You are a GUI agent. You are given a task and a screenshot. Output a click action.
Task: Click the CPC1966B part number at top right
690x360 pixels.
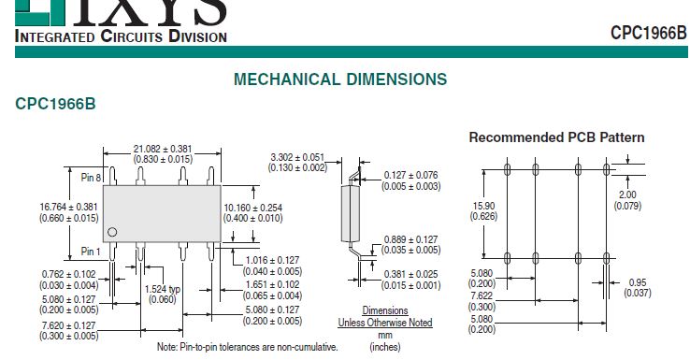tap(648, 33)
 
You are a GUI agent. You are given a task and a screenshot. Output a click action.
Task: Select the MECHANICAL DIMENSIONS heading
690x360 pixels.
tap(340, 79)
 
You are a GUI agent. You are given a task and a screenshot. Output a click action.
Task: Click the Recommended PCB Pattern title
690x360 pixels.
tap(556, 137)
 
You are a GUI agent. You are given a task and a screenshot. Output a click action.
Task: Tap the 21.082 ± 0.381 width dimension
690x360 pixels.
tap(163, 150)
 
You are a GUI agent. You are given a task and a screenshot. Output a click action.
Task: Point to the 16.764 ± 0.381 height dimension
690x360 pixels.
tap(69, 207)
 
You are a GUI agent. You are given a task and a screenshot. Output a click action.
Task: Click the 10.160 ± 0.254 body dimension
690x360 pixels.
tap(253, 208)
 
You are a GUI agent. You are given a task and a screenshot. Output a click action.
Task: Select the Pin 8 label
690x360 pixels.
tap(91, 178)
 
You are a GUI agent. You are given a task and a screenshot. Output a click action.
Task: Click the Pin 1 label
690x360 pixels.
tap(91, 252)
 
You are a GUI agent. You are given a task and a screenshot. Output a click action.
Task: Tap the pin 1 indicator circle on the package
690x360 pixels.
tap(112, 232)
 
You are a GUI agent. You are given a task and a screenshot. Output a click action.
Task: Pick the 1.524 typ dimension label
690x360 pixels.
tap(163, 289)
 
